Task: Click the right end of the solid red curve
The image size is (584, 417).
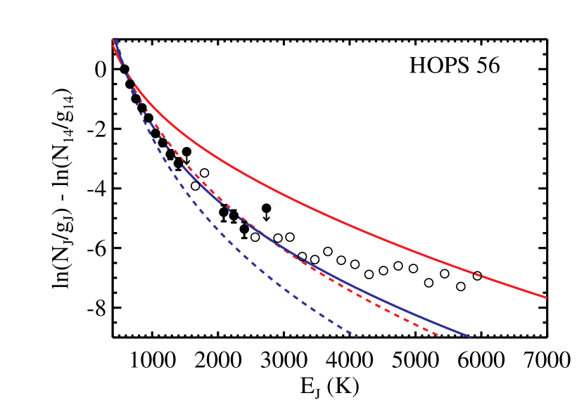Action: click(x=545, y=297)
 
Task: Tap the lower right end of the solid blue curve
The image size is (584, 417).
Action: click(x=469, y=337)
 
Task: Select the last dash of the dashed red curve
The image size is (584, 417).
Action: click(x=438, y=335)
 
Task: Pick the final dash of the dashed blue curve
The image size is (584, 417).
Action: click(x=353, y=335)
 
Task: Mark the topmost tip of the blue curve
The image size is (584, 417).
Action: click(x=115, y=41)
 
